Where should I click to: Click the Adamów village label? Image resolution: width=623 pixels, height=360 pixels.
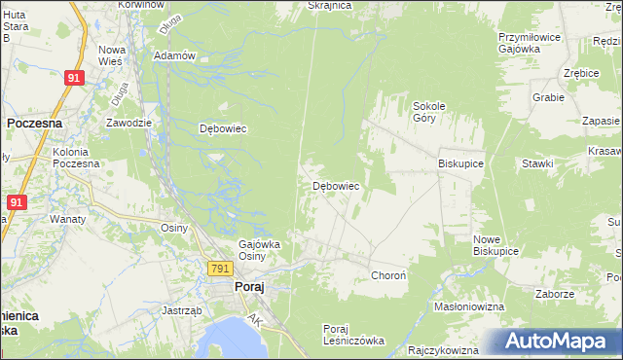click(x=175, y=55)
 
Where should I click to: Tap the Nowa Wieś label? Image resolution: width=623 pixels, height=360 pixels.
click(x=112, y=55)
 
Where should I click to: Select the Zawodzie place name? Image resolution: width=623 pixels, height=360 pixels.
click(x=128, y=123)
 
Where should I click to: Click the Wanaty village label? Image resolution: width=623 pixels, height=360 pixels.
click(x=68, y=219)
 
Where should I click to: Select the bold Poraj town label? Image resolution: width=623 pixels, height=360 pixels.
click(x=249, y=287)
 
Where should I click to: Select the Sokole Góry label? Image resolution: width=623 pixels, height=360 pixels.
click(x=429, y=111)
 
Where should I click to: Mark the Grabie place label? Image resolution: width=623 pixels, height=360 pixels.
click(x=548, y=97)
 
